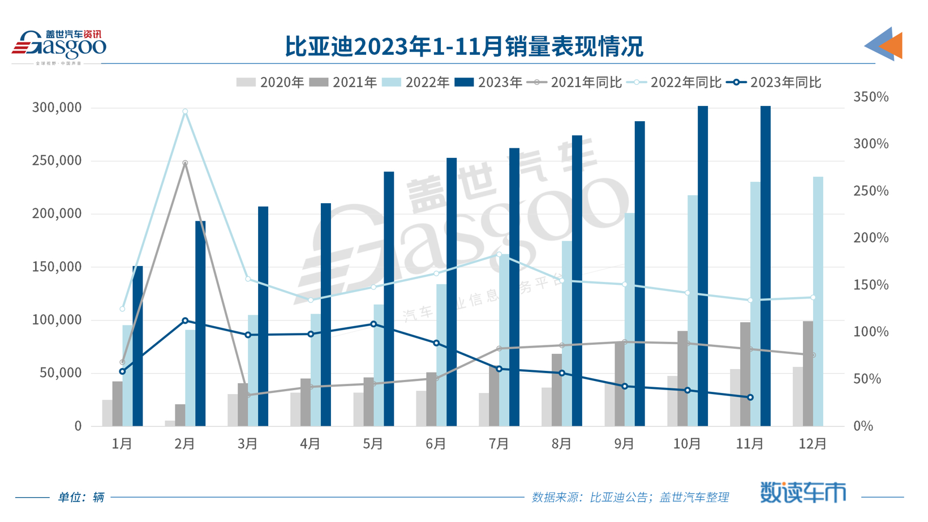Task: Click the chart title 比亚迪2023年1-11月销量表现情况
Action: (x=463, y=46)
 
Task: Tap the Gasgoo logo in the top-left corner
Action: (x=59, y=46)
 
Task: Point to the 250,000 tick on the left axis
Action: (x=57, y=161)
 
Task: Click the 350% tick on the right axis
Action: (x=871, y=97)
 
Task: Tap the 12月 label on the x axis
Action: (x=813, y=444)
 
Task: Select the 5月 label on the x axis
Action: (x=373, y=444)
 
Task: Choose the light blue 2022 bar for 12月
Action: (x=818, y=301)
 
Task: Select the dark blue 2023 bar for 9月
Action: (x=640, y=273)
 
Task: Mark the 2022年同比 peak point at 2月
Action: (x=185, y=112)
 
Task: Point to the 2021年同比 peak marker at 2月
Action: (x=185, y=163)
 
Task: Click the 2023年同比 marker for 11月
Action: (x=750, y=397)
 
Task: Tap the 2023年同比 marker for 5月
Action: (x=373, y=324)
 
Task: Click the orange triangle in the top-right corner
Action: (x=892, y=45)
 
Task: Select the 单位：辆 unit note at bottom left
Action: (x=81, y=497)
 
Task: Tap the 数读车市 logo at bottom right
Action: (x=803, y=493)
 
